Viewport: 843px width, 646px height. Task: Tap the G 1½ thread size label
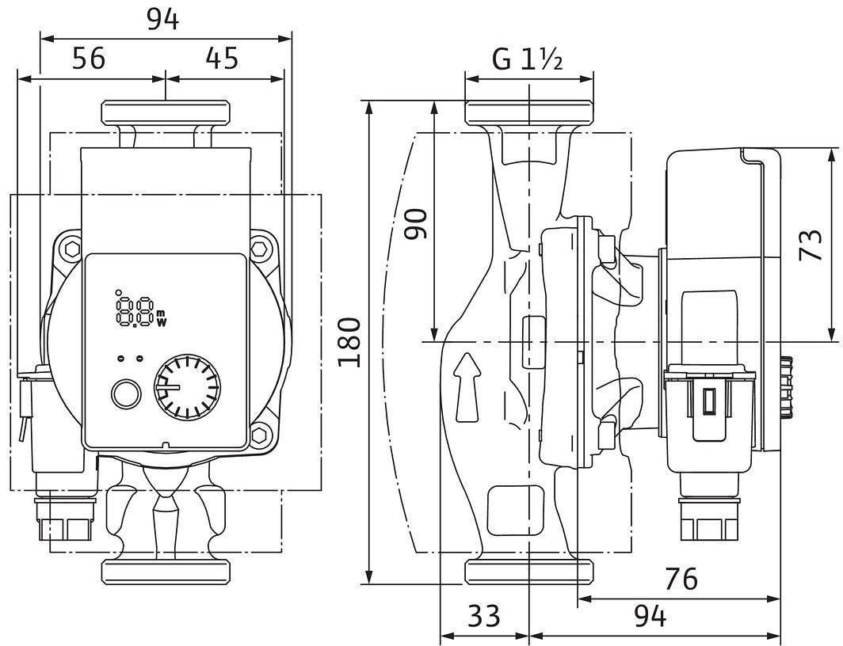528,59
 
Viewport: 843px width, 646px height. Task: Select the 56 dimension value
89,58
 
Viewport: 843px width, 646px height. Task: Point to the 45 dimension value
222,58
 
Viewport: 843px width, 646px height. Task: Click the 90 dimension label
416,224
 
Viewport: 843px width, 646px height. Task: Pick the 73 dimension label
811,245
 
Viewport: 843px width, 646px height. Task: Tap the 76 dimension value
681,579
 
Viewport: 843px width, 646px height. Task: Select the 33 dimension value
484,615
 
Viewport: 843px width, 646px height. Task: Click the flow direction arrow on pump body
467,386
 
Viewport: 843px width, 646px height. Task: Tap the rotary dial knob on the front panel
187,386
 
